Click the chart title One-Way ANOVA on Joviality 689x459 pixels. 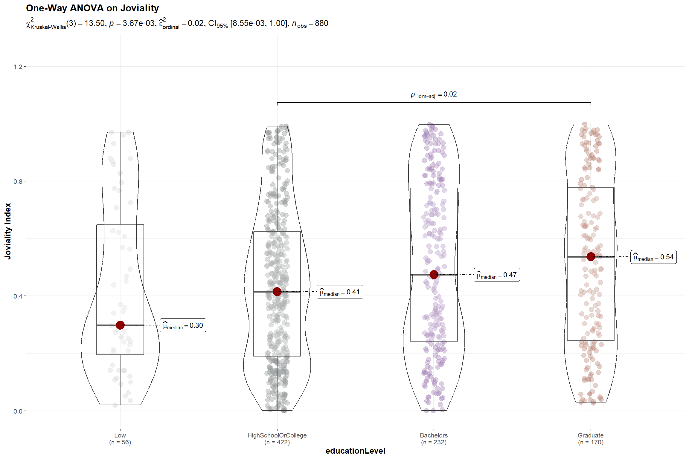pyautogui.click(x=92, y=8)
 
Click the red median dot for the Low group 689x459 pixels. pyautogui.click(x=120, y=325)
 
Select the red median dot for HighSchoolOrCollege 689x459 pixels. pyautogui.click(x=277, y=292)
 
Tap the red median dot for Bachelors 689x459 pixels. pyautogui.click(x=434, y=275)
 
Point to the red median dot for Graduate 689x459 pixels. pyautogui.click(x=591, y=257)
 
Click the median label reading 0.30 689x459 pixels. pyautogui.click(x=183, y=325)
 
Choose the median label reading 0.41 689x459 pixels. pyautogui.click(x=340, y=292)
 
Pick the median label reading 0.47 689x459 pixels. pyautogui.click(x=497, y=275)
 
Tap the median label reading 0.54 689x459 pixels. pyautogui.click(x=653, y=257)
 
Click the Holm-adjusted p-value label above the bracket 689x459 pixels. pyautogui.click(x=434, y=95)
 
